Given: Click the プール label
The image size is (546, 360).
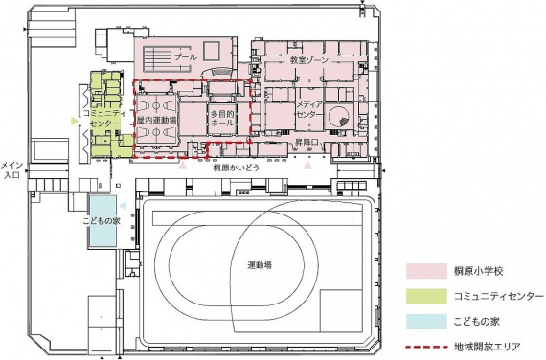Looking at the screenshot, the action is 186,56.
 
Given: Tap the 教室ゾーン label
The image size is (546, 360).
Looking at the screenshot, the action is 309,60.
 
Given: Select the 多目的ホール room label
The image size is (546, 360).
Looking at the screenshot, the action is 222,119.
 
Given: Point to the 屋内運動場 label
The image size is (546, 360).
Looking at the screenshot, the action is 156,120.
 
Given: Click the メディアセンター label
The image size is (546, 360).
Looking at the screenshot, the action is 309,109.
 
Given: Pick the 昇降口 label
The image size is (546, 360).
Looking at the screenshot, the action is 307,142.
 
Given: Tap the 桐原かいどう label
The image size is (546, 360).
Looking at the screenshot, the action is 237,168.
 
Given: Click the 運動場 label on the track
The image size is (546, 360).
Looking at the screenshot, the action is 260,265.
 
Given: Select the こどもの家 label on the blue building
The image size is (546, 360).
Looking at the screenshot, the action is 102,220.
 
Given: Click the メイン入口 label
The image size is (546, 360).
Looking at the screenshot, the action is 12,170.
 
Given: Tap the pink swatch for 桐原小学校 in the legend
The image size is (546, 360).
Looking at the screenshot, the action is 426,271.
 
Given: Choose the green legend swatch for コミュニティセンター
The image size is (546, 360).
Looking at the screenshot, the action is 426,296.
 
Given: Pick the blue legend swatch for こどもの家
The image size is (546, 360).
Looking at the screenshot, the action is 426,322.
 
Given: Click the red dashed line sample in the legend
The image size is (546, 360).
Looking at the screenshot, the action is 426,347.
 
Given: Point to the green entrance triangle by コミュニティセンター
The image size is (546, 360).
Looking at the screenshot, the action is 74,121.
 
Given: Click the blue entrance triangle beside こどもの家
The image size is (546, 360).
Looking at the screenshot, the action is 123,206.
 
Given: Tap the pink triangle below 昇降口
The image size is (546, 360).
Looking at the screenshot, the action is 307,166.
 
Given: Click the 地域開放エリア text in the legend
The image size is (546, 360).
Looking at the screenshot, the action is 487,347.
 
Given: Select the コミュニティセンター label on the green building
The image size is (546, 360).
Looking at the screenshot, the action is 104,119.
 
